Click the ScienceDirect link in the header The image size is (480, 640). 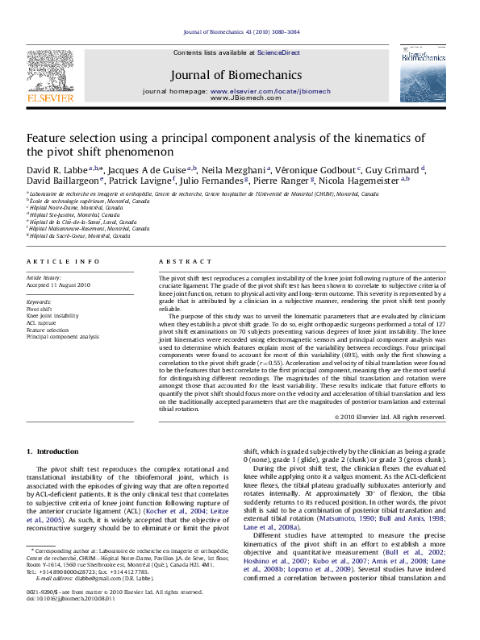click(x=278, y=52)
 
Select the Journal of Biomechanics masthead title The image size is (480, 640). click(x=236, y=75)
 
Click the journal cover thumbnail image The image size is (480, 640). click(x=422, y=73)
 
